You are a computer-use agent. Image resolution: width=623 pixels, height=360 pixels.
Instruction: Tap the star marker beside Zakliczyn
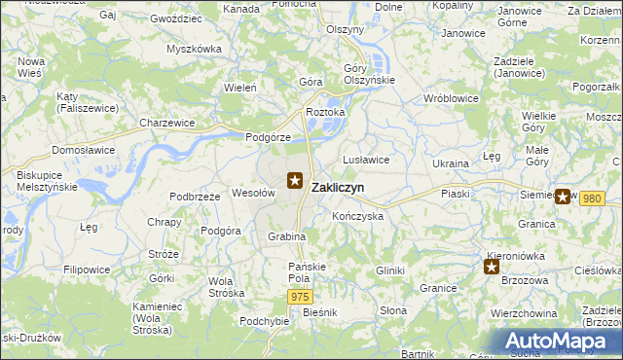tap(296, 180)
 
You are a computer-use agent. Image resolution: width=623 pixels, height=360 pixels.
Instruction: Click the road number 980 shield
tap(592, 198)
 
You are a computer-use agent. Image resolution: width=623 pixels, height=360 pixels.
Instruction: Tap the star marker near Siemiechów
tap(563, 196)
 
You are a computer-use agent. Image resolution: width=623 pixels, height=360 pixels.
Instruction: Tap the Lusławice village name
tap(367, 160)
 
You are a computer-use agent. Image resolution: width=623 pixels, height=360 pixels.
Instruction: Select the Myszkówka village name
tap(194, 48)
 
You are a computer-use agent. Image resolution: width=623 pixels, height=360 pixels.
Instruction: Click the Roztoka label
tap(326, 112)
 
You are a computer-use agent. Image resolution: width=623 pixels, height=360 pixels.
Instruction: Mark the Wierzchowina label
tap(524, 313)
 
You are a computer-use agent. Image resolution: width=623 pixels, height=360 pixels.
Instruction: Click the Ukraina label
tap(451, 163)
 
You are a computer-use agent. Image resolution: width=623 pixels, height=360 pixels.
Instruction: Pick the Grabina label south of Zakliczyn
tap(287, 236)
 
